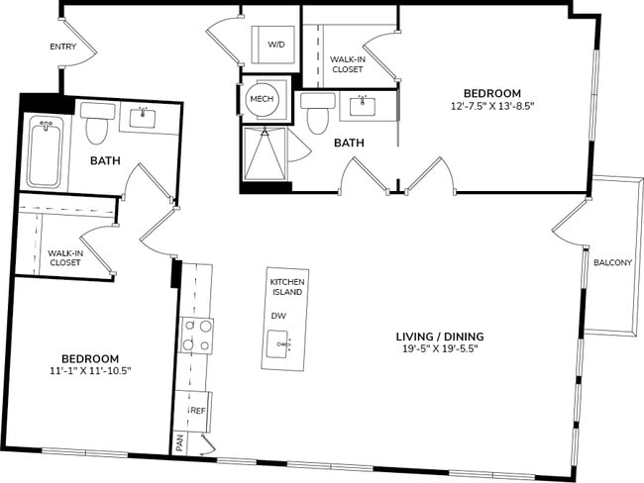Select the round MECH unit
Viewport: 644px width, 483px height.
tap(262, 99)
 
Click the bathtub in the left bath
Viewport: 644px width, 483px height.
tap(44, 152)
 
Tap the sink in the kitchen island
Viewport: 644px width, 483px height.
tap(285, 345)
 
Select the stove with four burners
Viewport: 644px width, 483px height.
tap(197, 336)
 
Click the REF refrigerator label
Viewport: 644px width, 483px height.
tap(197, 410)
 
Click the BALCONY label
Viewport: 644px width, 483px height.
tap(613, 262)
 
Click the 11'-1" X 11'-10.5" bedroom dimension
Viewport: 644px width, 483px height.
tap(90, 371)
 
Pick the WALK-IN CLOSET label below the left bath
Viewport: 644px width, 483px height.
tap(64, 257)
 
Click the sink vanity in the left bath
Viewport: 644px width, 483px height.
tap(149, 118)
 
